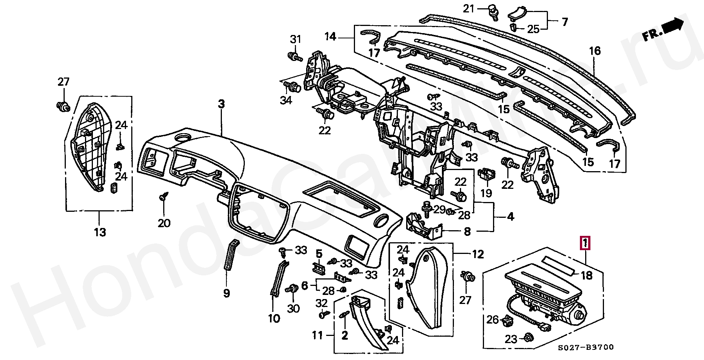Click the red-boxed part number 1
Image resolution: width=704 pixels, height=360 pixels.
coord(586,243)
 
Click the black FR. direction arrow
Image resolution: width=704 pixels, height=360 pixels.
coord(673,25)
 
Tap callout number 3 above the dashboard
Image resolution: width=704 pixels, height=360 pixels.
coord(221,104)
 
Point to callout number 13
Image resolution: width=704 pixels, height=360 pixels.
coord(100,232)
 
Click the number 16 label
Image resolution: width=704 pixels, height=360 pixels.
coord(595,51)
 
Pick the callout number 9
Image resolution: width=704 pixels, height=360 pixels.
coord(226,293)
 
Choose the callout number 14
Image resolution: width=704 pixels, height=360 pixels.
coord(330,37)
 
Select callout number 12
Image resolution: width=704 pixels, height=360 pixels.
coord(478,255)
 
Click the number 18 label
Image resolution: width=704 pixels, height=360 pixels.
coord(587,276)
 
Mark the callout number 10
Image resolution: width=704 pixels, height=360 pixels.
coord(274,319)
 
